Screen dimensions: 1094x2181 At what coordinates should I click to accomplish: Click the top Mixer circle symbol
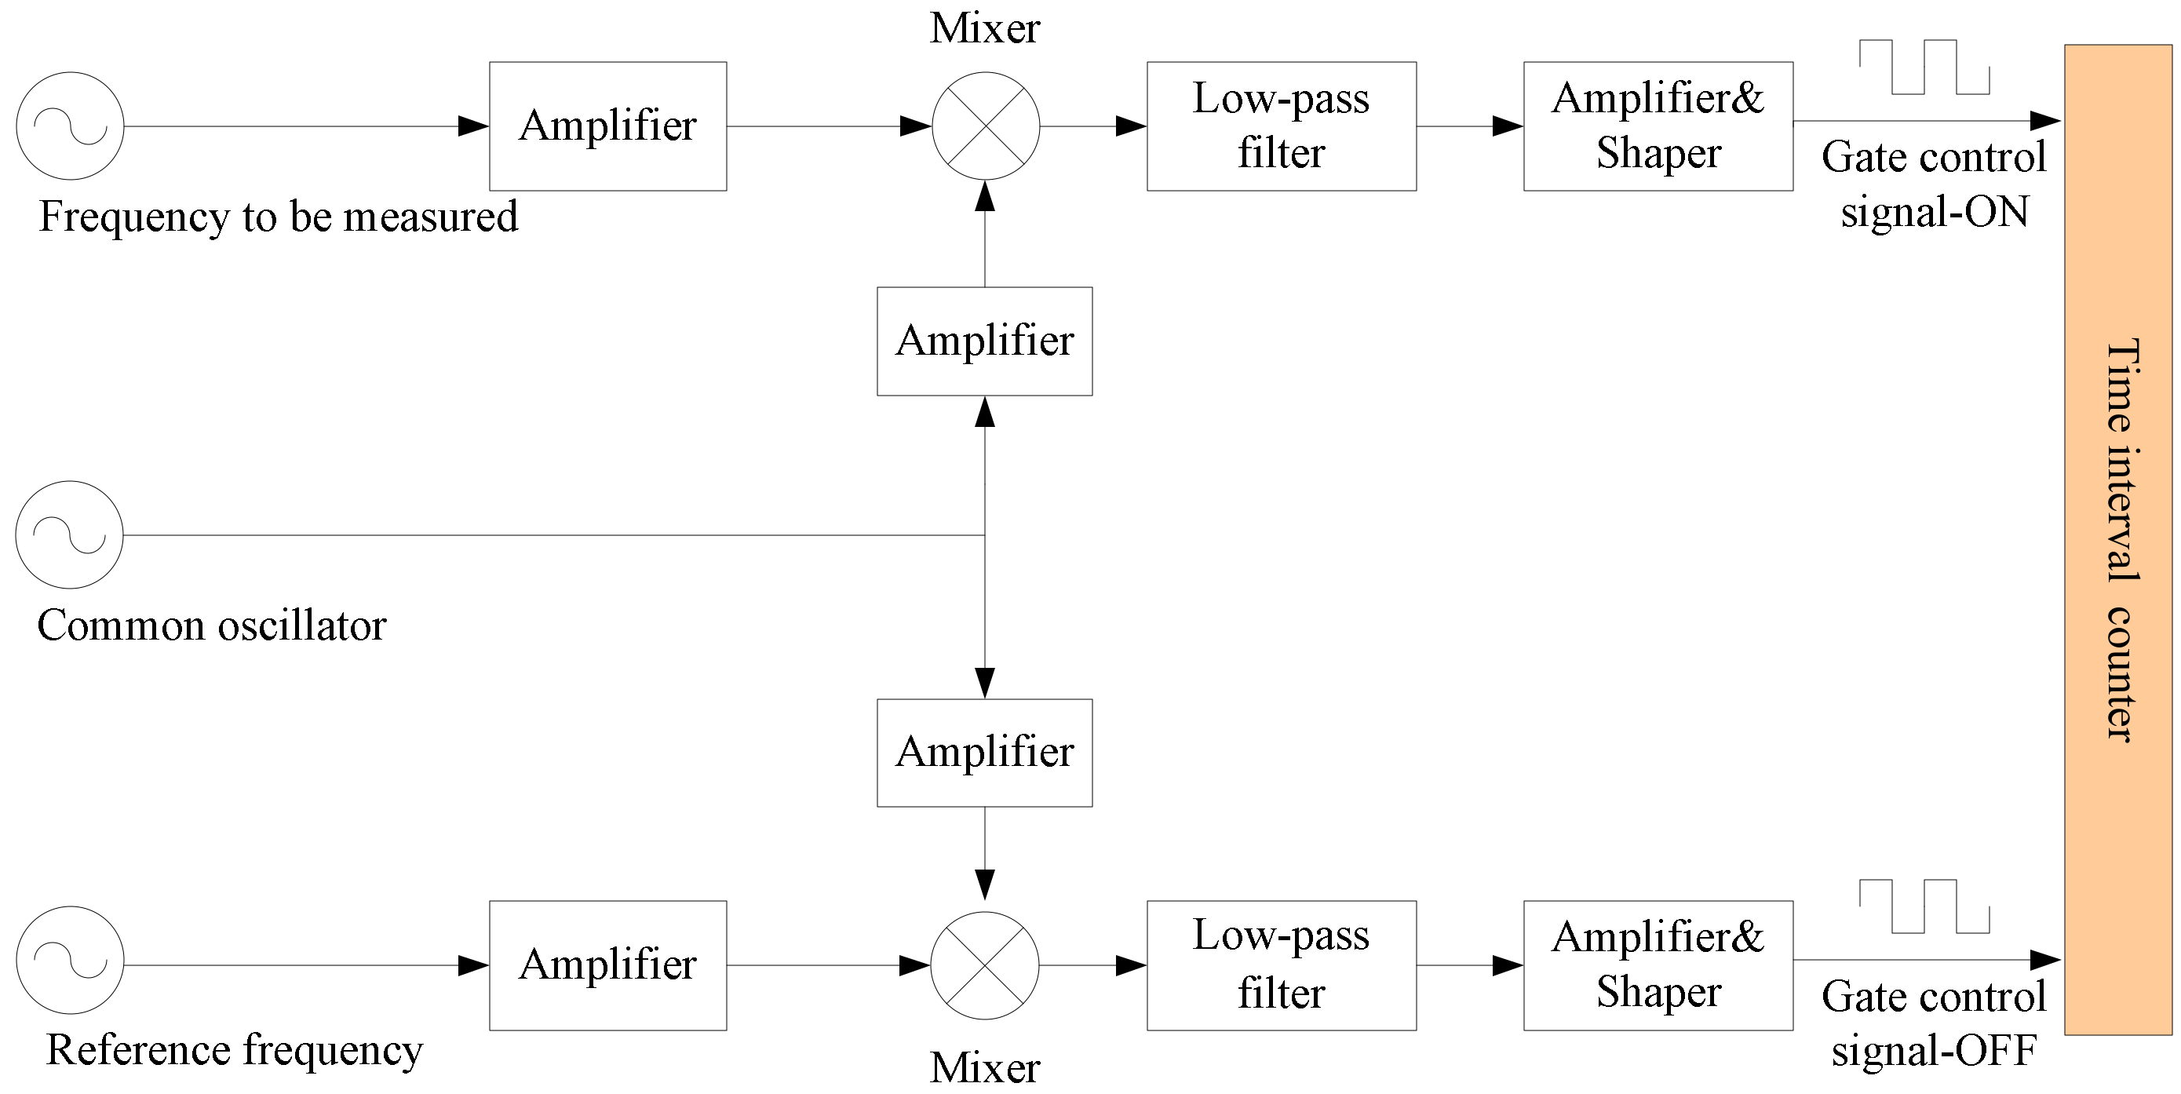[986, 126]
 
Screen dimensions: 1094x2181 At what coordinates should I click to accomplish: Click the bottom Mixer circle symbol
[985, 965]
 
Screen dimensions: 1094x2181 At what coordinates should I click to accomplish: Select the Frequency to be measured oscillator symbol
[71, 126]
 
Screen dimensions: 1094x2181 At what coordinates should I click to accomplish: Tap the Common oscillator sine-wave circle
[69, 535]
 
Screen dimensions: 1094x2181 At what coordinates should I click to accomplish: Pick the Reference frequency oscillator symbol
[71, 961]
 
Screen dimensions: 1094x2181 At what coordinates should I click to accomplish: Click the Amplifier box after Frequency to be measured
[608, 126]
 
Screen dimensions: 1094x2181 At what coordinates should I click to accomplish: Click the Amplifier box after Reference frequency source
[608, 965]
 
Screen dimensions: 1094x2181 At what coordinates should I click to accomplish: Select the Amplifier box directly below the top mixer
[985, 341]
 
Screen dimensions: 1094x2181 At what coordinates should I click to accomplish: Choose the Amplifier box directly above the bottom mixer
[985, 753]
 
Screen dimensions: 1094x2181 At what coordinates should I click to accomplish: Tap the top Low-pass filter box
[1281, 126]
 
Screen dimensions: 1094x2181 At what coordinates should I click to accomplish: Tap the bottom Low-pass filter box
[1281, 965]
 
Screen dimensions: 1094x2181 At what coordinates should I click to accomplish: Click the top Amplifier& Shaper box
[1658, 126]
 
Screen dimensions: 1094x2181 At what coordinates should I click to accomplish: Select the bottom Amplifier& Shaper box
[1658, 965]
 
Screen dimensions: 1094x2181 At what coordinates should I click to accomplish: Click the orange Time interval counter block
[2117, 540]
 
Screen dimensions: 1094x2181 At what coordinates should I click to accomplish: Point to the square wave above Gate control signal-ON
[1924, 67]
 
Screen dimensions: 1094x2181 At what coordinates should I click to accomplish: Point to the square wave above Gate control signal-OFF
[1924, 907]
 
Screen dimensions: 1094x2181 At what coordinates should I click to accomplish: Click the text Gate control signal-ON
[1934, 184]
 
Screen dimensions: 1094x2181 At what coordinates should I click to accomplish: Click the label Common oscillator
[212, 626]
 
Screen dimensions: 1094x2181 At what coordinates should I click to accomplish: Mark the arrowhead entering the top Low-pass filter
[1131, 126]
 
